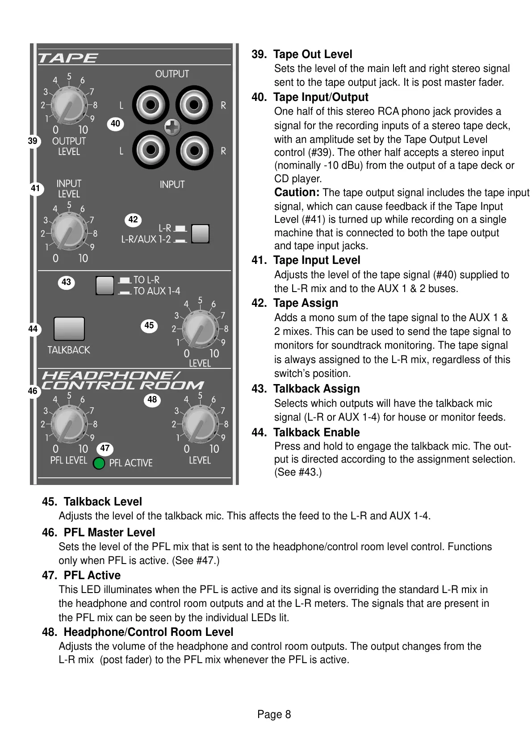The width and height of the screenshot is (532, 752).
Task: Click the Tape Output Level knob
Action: [69, 104]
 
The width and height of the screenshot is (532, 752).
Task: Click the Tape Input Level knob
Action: [69, 232]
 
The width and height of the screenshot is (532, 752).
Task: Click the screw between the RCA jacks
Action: [172, 128]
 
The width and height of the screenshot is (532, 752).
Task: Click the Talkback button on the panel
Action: [69, 329]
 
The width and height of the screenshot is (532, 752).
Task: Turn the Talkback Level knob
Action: [200, 329]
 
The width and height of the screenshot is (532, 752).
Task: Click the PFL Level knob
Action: [69, 424]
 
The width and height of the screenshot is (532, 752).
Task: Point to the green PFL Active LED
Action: [99, 464]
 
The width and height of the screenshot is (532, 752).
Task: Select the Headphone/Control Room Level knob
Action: [200, 424]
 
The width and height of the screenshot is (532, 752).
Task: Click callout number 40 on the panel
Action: [115, 124]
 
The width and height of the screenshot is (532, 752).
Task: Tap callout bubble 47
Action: [105, 448]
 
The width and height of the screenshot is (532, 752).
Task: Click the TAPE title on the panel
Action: [68, 58]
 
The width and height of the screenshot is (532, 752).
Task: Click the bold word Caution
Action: [297, 192]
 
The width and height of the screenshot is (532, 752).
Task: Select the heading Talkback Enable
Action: [316, 432]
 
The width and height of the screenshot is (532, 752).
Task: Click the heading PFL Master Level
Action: [109, 532]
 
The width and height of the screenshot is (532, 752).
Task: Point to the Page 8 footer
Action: [274, 714]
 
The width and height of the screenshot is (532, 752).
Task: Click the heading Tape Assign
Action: [306, 303]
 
